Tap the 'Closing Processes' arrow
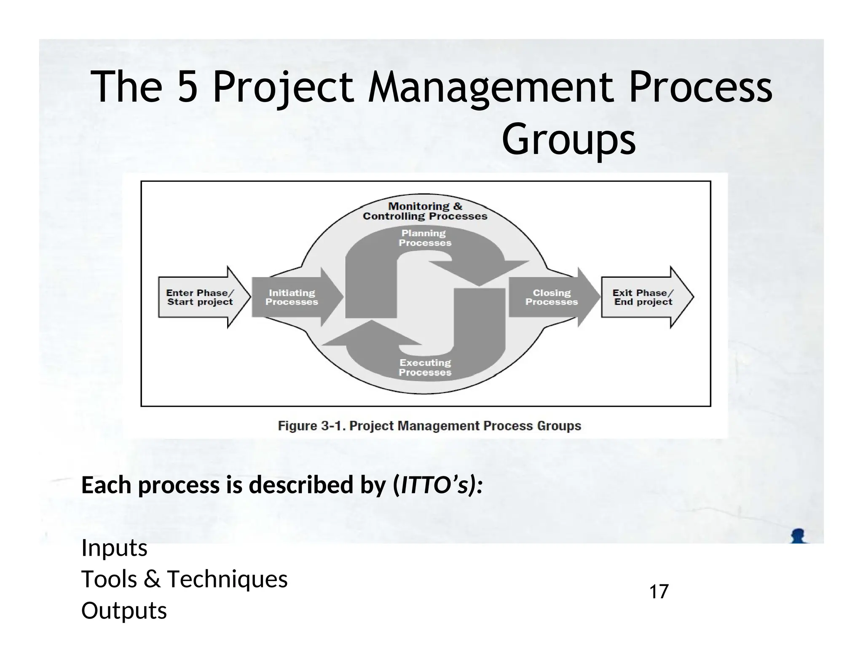551,297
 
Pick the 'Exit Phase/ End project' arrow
643,297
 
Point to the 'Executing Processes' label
425,367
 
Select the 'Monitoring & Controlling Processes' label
425,211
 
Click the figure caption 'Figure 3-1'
429,426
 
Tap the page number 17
659,592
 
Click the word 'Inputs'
114,548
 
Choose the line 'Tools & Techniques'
184,579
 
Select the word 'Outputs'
124,610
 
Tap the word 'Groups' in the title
568,139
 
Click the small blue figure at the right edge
798,536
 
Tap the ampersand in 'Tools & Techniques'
152,579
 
